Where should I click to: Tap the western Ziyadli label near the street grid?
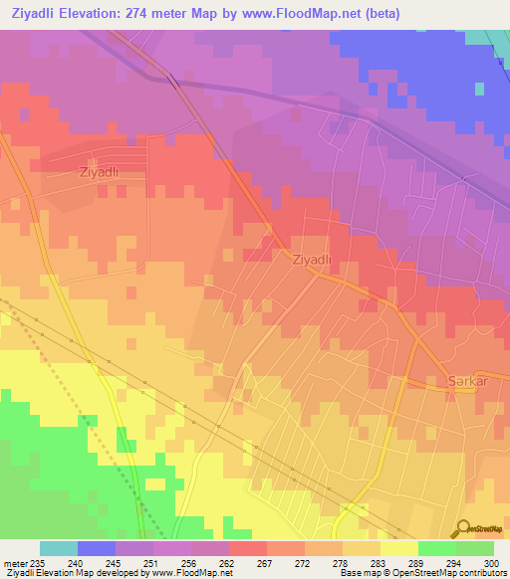(x=99, y=171)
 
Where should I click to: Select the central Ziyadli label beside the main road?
(x=311, y=259)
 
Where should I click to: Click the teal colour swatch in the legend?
(x=59, y=548)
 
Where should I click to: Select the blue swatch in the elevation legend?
(x=97, y=548)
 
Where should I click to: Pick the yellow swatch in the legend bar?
(x=398, y=548)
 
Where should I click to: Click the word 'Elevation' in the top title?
(x=107, y=11)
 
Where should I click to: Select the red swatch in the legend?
(x=248, y=548)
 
